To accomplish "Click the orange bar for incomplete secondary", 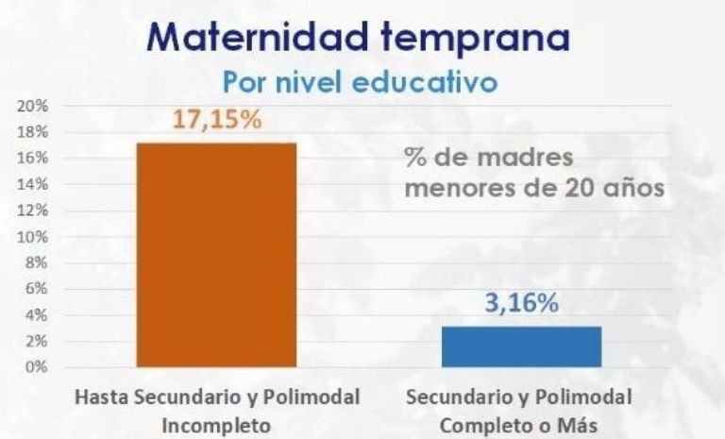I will click(216, 254).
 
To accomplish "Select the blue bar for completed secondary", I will click(521, 346).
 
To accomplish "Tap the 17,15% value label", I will click(216, 123).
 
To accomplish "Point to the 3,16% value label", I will click(521, 306).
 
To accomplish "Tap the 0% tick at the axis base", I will click(35, 366).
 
